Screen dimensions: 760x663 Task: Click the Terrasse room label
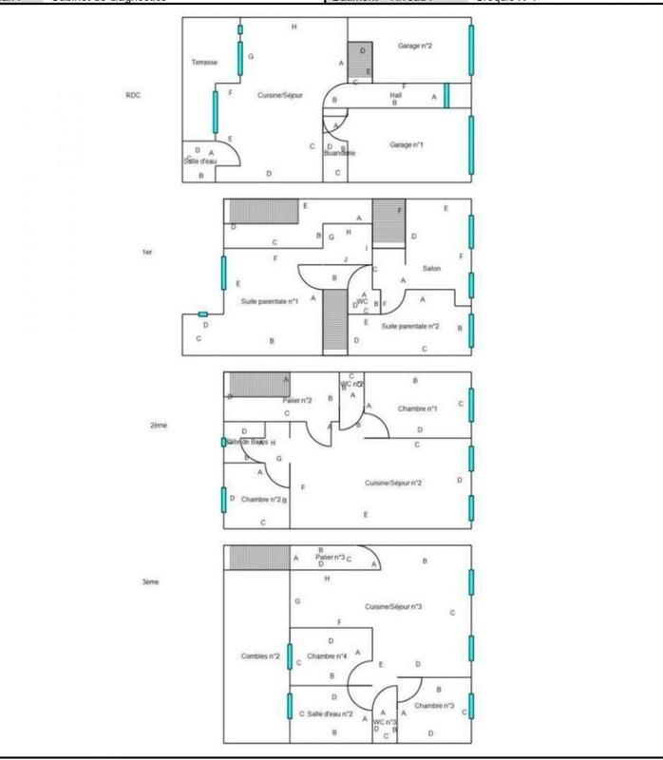point(204,62)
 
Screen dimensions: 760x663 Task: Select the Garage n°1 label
point(407,144)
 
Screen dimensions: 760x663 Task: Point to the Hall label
point(396,94)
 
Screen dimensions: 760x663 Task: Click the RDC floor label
point(133,94)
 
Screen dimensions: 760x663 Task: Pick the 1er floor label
point(146,252)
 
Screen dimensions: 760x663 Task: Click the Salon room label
point(431,268)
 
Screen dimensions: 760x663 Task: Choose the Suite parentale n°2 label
point(410,326)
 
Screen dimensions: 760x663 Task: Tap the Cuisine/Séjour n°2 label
point(393,484)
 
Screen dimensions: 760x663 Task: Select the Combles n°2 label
point(258,656)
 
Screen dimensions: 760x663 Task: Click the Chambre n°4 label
point(327,656)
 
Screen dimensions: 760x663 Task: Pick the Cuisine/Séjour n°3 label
point(393,606)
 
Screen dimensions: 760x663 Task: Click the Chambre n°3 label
point(434,705)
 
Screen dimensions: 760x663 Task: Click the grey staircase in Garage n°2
point(359,60)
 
